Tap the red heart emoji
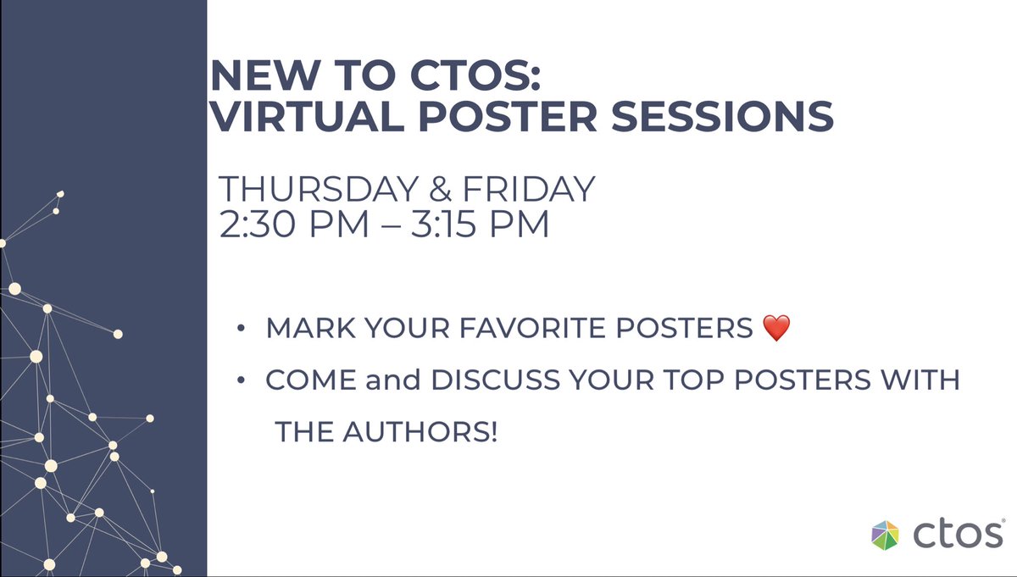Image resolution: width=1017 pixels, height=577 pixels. pos(776,328)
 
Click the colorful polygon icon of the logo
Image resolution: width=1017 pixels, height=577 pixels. pos(887,535)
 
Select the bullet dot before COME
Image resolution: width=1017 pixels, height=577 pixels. pos(242,381)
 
